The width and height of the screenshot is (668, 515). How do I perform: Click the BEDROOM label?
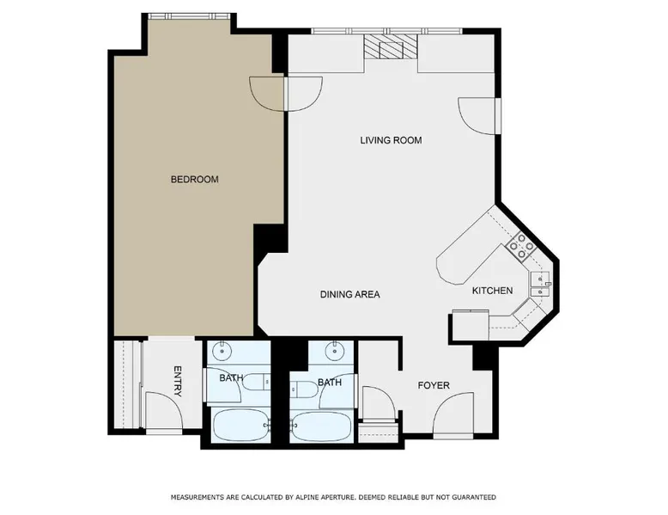(195, 179)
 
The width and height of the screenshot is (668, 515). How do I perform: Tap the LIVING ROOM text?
(391, 140)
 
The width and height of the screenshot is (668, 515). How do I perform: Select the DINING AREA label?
(349, 294)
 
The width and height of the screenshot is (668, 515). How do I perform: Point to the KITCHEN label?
(492, 291)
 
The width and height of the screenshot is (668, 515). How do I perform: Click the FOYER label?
(434, 386)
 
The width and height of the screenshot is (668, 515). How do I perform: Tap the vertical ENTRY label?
(178, 381)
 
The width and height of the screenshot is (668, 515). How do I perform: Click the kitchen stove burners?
(521, 246)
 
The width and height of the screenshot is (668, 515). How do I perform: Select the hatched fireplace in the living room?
(391, 47)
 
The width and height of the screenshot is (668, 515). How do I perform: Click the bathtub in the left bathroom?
(240, 426)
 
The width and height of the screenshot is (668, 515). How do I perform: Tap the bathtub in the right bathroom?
(322, 426)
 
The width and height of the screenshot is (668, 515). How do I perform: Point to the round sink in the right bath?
(335, 351)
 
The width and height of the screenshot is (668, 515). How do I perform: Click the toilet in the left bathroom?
(256, 381)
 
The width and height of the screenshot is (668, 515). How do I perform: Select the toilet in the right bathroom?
(305, 389)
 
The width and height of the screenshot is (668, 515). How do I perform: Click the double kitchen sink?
(540, 285)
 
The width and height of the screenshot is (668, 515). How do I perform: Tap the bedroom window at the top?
(189, 16)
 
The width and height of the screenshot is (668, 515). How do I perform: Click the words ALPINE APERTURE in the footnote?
(325, 497)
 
